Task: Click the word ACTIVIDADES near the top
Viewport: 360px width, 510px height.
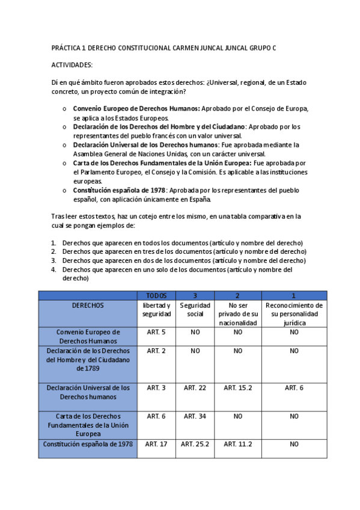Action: [x=72, y=64]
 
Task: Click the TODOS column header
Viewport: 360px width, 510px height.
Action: [x=156, y=296]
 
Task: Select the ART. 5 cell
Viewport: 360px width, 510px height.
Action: [x=156, y=332]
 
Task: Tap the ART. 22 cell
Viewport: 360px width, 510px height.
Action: [x=194, y=388]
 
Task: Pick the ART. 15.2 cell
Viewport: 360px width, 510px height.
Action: [x=238, y=388]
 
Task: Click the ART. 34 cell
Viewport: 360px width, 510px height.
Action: [x=194, y=416]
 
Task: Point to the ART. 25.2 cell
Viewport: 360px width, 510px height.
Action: [x=194, y=444]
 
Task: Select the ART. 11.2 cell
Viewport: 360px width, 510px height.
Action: [x=238, y=444]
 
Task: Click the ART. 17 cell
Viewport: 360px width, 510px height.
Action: [x=156, y=444]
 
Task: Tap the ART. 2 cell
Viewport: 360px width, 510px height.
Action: [x=156, y=351]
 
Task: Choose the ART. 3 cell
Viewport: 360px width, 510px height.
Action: [x=156, y=388]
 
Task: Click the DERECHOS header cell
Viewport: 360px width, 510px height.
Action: [x=88, y=306]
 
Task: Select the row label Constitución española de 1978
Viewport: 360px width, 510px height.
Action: [x=88, y=444]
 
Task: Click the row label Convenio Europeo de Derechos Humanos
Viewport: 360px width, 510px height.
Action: [x=88, y=336]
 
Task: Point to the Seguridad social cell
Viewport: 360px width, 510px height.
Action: [x=194, y=310]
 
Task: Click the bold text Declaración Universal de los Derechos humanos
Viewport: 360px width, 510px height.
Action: [x=145, y=145]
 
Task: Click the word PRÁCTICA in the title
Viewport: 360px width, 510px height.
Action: [x=69, y=48]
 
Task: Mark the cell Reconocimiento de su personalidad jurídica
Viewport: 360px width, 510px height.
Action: [x=294, y=314]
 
